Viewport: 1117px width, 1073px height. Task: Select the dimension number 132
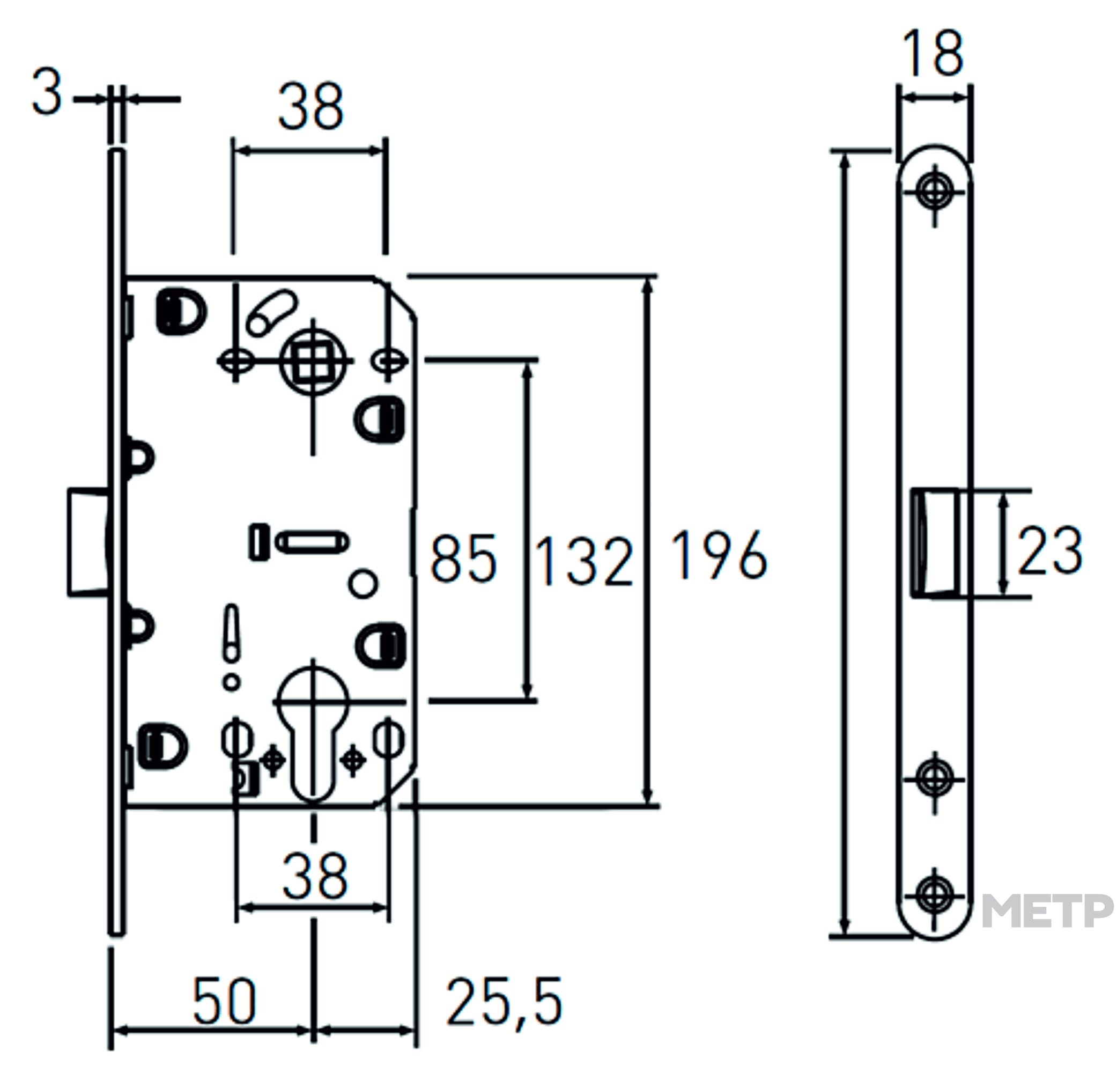coord(583,562)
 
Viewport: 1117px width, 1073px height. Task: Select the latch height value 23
coord(1050,550)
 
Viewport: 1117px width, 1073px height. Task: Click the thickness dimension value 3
coord(47,92)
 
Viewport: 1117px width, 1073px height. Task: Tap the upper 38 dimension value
coord(311,106)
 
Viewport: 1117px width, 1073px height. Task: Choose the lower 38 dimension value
coord(315,876)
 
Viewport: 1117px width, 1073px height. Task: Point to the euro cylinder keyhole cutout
coord(312,733)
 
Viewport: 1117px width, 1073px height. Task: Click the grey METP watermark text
coord(1048,910)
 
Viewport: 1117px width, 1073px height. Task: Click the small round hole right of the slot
coord(363,584)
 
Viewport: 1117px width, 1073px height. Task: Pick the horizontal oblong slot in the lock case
coord(313,542)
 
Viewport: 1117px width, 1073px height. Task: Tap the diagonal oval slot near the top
coord(272,312)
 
